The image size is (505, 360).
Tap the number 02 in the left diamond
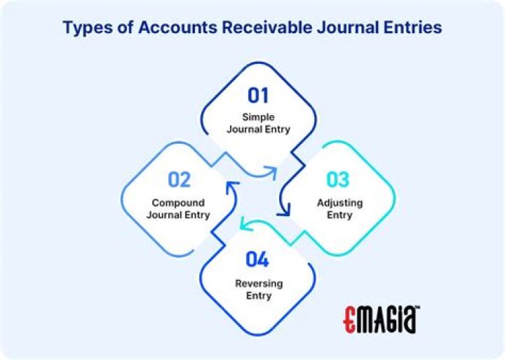point(179,180)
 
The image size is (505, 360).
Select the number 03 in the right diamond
point(337,180)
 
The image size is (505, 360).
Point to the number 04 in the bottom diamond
point(257,260)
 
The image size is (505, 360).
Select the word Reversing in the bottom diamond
point(258,284)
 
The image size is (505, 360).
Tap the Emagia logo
point(382,319)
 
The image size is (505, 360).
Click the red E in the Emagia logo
point(351,319)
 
